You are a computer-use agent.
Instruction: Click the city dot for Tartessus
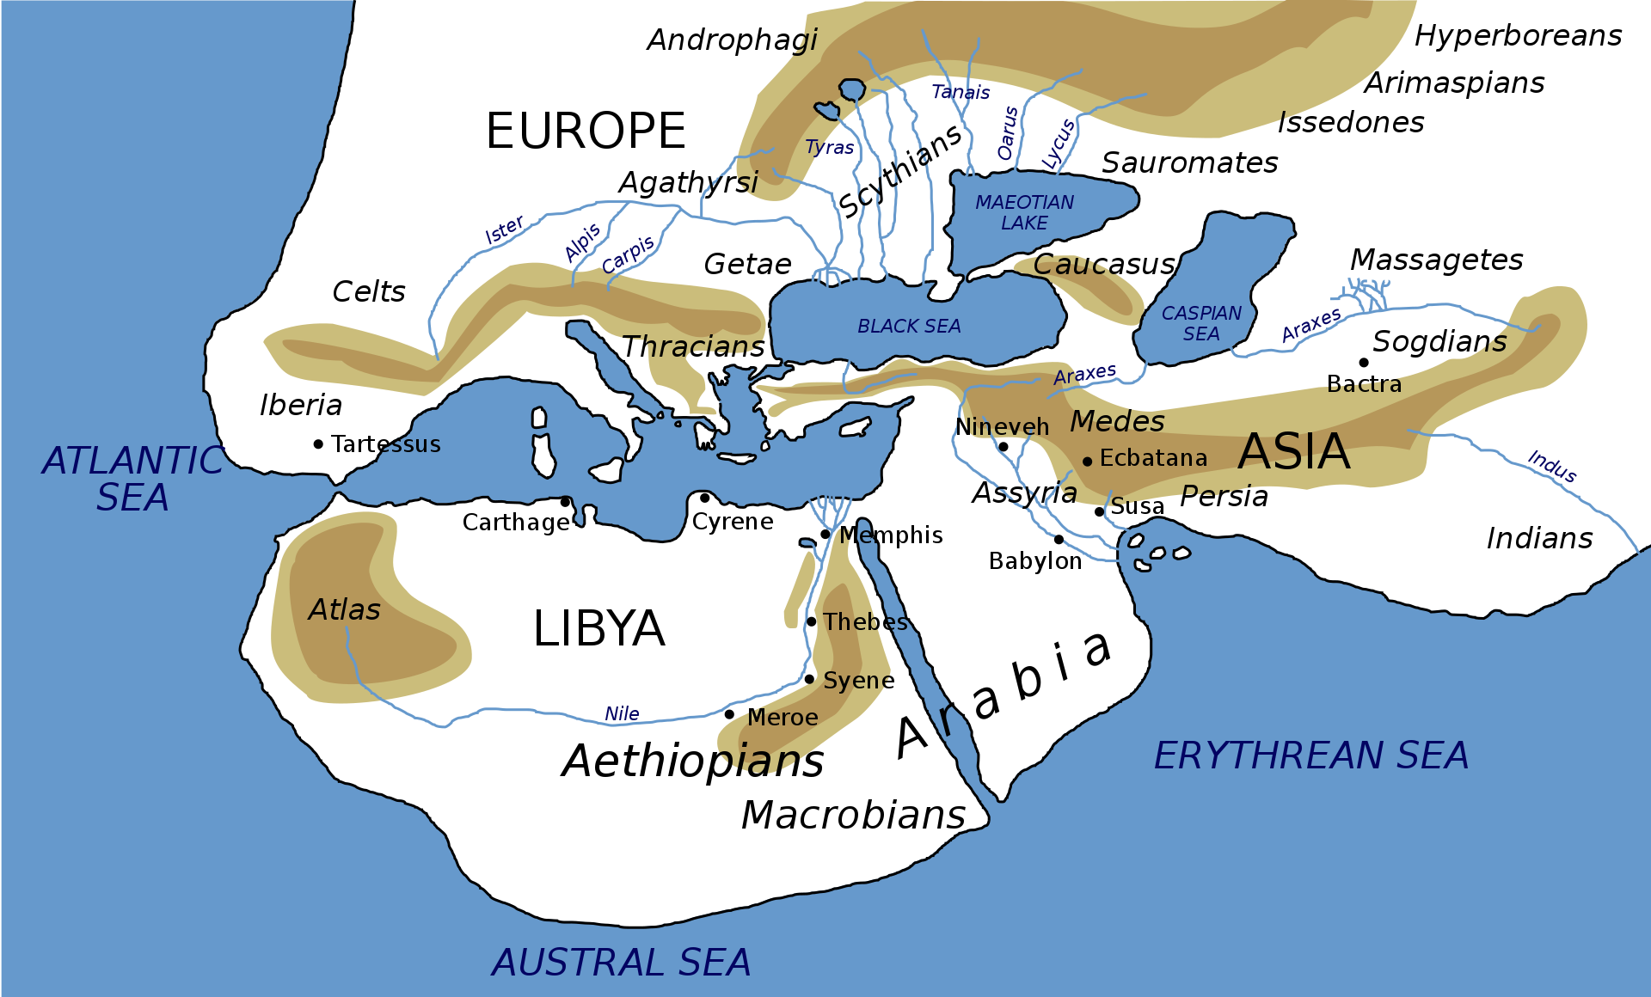(x=318, y=444)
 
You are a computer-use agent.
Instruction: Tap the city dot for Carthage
(x=565, y=502)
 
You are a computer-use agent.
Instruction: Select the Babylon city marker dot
(x=1059, y=540)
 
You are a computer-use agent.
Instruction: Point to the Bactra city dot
(x=1364, y=363)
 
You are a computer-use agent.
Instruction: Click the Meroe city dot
(x=729, y=714)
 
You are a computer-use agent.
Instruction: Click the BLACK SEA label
(x=909, y=327)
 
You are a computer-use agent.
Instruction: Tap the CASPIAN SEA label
(x=1201, y=323)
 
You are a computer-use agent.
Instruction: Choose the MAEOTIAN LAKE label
(x=1024, y=212)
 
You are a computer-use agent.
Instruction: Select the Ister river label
(x=504, y=230)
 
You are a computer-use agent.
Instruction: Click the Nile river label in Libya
(x=622, y=714)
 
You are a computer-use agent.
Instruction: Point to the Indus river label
(x=1552, y=467)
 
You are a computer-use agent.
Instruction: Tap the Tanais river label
(x=961, y=92)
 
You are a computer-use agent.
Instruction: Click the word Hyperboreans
(x=1518, y=36)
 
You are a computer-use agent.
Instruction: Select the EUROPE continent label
(x=586, y=132)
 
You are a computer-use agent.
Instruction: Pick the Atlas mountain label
(x=344, y=610)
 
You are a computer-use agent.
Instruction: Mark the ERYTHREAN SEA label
(x=1310, y=756)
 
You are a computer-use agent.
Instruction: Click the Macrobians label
(x=853, y=815)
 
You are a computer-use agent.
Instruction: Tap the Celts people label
(x=368, y=292)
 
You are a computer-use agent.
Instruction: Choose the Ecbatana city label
(x=1153, y=459)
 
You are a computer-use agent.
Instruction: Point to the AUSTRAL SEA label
(x=622, y=963)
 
